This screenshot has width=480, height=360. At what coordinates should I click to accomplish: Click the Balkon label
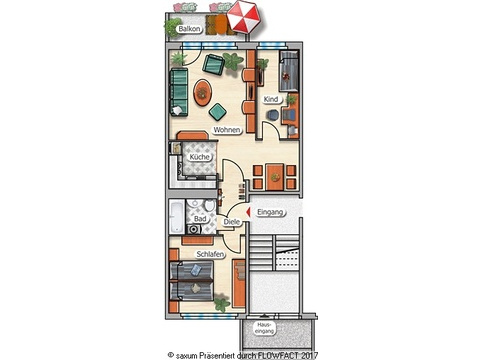click(189, 29)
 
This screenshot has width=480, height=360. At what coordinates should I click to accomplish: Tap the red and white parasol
click(244, 17)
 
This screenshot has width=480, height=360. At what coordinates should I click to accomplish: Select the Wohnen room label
click(227, 130)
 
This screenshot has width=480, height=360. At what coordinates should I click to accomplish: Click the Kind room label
click(271, 99)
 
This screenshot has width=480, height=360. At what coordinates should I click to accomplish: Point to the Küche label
click(200, 157)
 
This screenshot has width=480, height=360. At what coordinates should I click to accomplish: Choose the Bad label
click(200, 219)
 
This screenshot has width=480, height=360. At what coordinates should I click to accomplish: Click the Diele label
click(231, 222)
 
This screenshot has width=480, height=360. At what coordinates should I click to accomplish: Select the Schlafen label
click(210, 254)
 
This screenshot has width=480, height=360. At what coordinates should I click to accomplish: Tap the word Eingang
click(270, 212)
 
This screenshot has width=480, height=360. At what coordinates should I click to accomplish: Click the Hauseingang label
click(265, 328)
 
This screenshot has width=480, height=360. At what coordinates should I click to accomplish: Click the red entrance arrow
click(248, 212)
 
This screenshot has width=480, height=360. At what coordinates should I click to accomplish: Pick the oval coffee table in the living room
click(203, 92)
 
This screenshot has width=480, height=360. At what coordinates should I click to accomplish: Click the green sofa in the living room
click(179, 92)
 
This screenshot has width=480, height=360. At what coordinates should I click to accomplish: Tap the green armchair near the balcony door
click(213, 64)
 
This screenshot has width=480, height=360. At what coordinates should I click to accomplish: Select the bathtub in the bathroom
click(176, 217)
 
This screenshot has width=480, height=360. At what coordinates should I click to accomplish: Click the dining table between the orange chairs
click(275, 177)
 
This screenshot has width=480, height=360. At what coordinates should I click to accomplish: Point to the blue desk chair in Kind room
click(272, 115)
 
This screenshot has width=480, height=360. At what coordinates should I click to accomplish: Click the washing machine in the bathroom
click(194, 229)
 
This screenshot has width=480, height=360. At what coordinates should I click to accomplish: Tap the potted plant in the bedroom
click(221, 303)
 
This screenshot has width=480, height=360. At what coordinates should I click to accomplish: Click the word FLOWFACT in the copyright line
click(276, 356)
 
